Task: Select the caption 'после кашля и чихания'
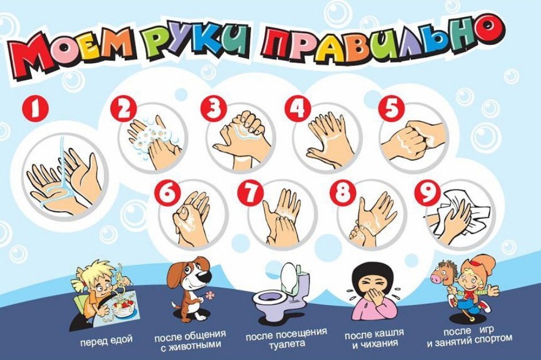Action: coord(374,338)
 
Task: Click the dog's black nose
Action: coord(206,276)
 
